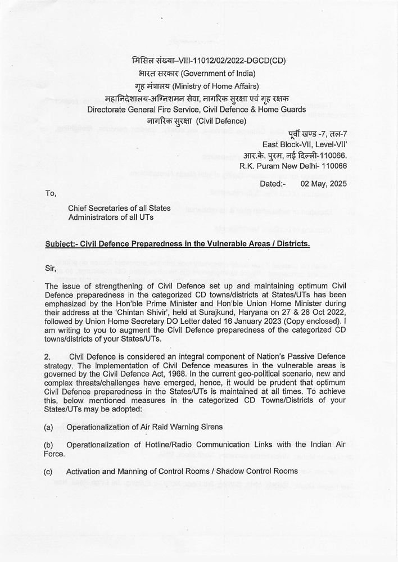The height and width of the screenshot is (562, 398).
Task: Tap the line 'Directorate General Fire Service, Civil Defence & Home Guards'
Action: tap(197, 110)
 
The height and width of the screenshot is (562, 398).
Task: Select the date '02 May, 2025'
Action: tap(324, 184)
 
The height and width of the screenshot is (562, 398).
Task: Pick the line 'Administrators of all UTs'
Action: tap(111, 217)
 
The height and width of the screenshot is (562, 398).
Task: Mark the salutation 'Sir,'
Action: tap(51, 269)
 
